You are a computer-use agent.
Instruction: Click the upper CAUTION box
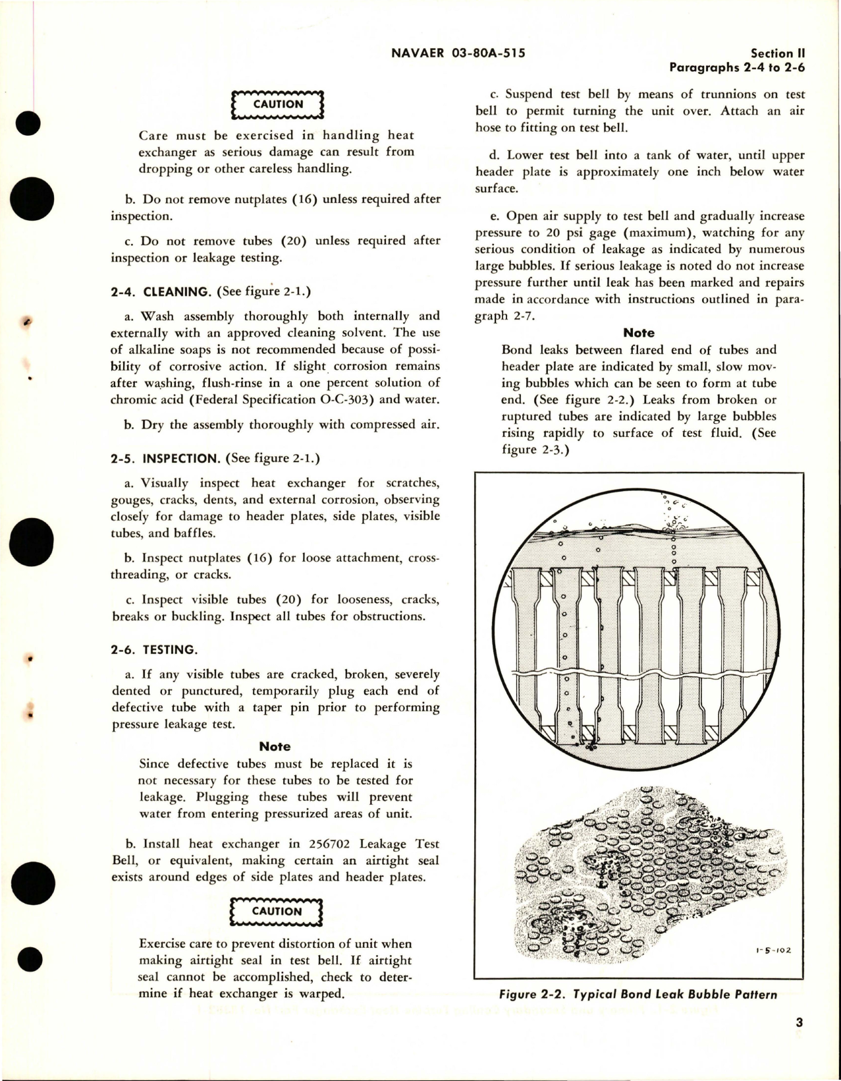pos(278,105)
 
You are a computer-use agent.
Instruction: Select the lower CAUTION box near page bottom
pos(277,912)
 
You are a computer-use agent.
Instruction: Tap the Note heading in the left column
pos(275,746)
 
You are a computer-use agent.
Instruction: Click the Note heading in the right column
pos(638,333)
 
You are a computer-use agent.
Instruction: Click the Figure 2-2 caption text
pos(638,995)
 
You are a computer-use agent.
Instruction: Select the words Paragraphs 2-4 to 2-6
pos(737,67)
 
